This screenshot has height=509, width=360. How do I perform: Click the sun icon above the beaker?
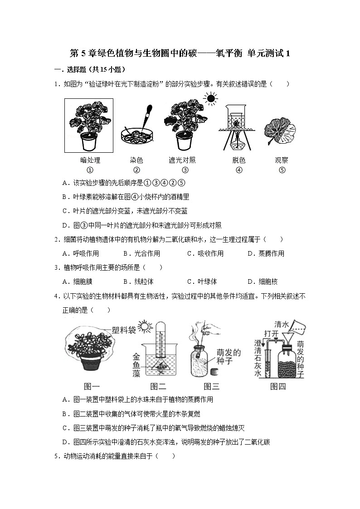210,98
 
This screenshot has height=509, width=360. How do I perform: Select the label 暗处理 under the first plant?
90,160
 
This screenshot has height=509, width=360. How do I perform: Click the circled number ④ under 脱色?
239,170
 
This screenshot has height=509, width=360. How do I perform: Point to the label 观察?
281,160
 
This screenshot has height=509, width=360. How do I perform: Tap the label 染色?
136,160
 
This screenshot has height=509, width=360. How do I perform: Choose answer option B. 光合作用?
141,253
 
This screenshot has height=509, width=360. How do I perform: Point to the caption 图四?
278,386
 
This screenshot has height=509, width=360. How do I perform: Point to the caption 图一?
92,386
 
